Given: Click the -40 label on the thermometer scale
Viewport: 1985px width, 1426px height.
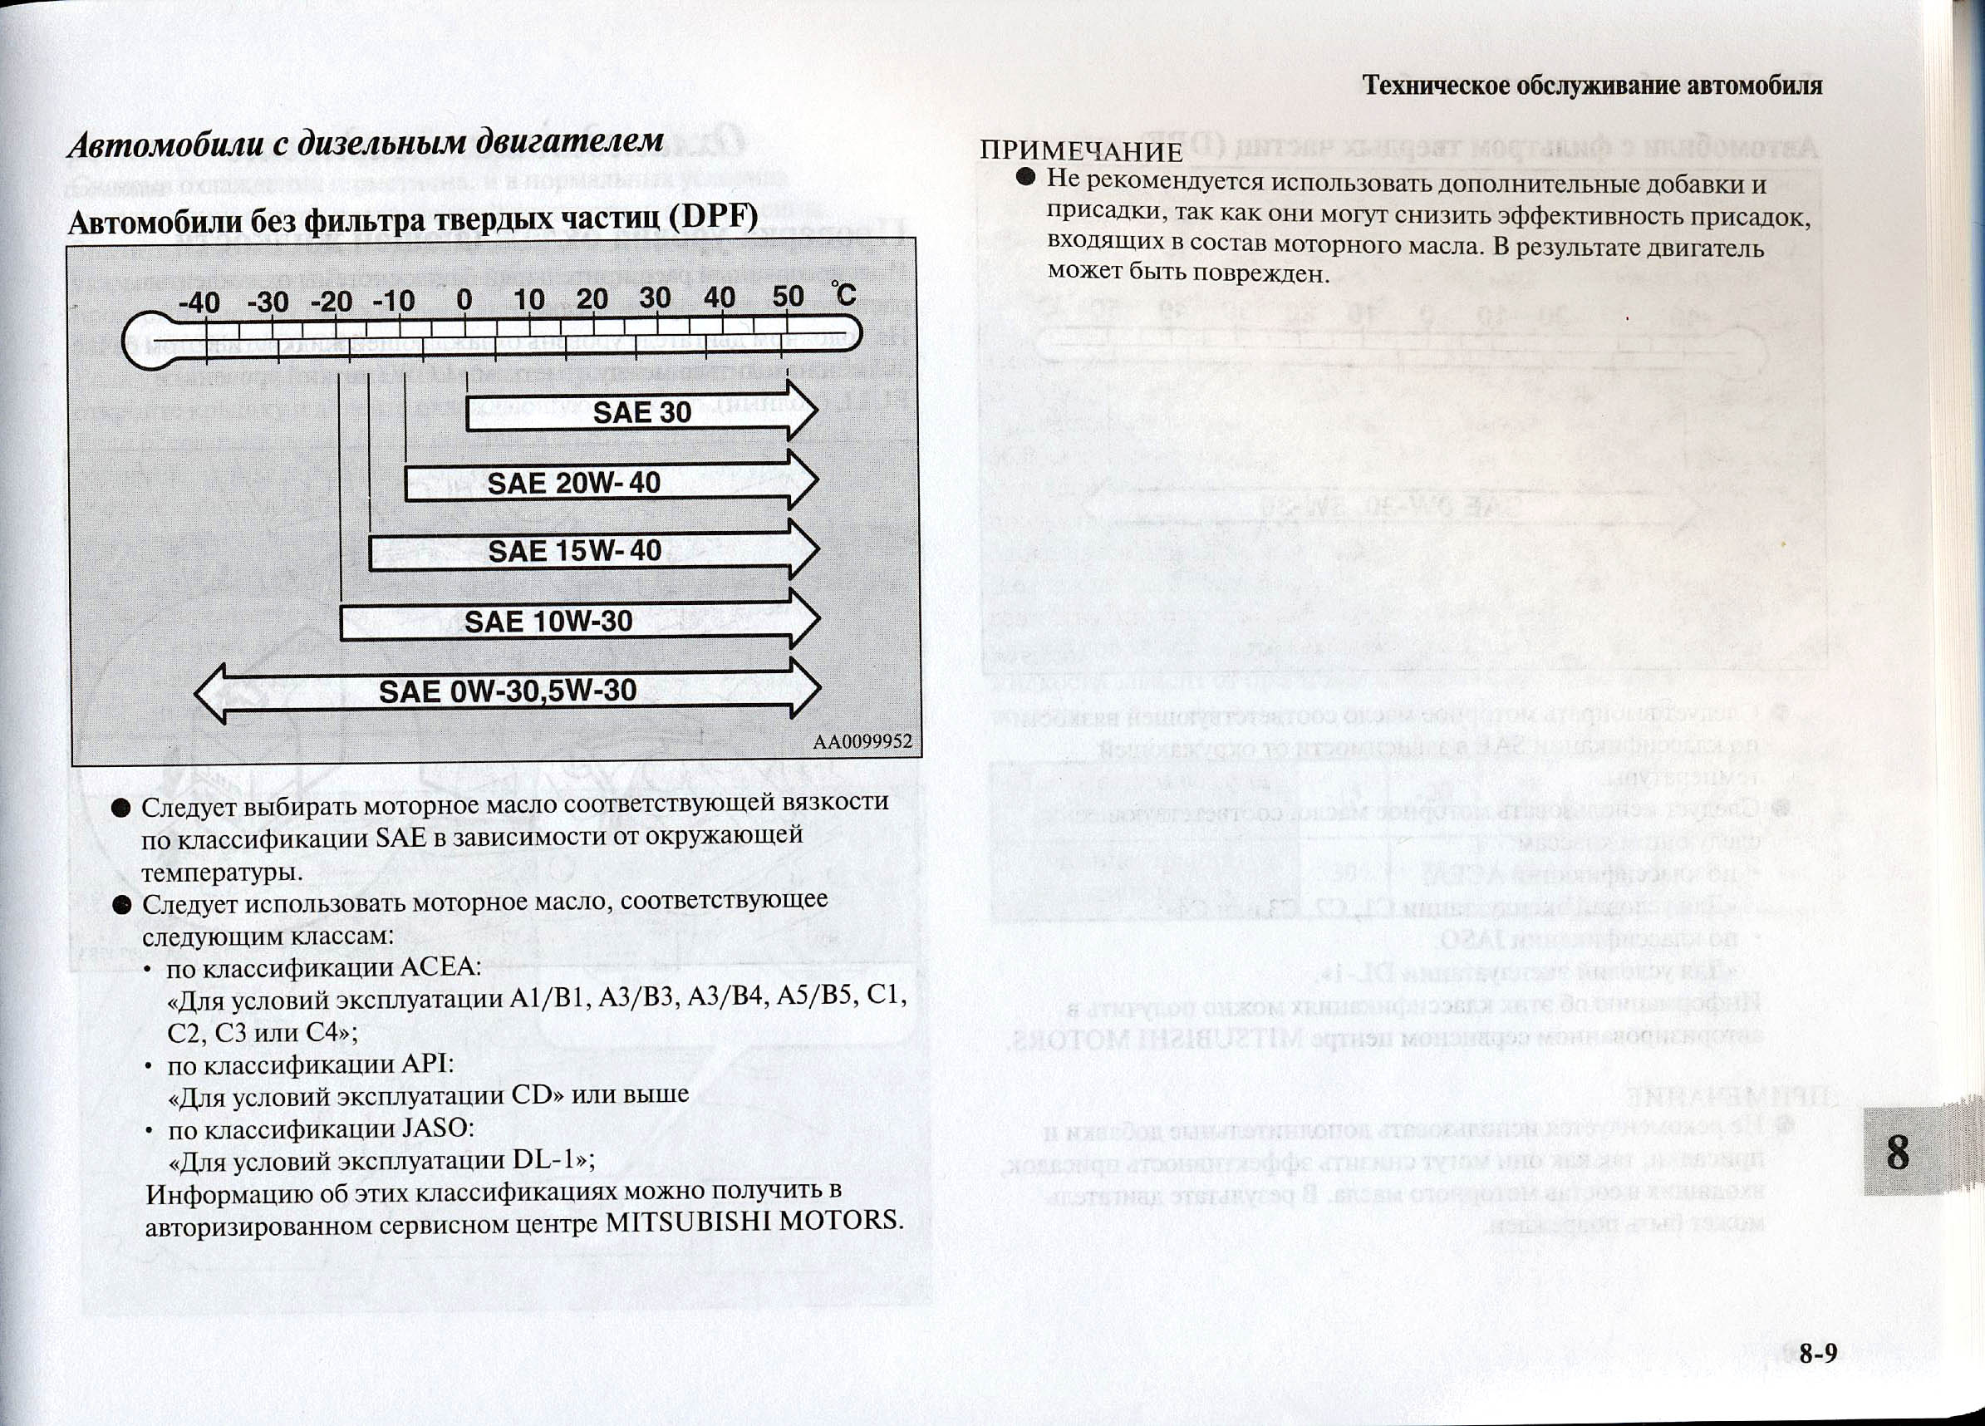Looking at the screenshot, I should [x=199, y=302].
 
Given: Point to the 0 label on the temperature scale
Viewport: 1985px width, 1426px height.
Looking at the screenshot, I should [x=464, y=300].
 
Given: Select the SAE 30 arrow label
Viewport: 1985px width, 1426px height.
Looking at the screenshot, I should [x=641, y=412].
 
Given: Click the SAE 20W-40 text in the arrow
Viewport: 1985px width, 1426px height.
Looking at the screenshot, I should [x=573, y=482].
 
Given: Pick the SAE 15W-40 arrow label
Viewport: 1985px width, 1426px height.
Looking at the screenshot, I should [x=574, y=552].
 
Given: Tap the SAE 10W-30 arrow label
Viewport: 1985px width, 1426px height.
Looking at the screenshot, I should [x=548, y=622].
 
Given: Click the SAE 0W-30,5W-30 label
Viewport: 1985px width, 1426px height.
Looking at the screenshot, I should [x=508, y=691].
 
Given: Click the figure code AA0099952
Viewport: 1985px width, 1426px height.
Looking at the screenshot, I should [x=862, y=742].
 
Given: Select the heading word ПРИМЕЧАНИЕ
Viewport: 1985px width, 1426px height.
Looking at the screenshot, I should [x=1081, y=151].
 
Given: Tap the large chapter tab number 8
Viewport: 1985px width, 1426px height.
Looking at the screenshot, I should [x=1897, y=1152].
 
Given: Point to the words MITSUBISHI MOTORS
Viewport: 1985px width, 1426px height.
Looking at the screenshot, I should [x=754, y=1220].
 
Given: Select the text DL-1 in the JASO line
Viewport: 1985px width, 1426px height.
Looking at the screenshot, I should [x=547, y=1160].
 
